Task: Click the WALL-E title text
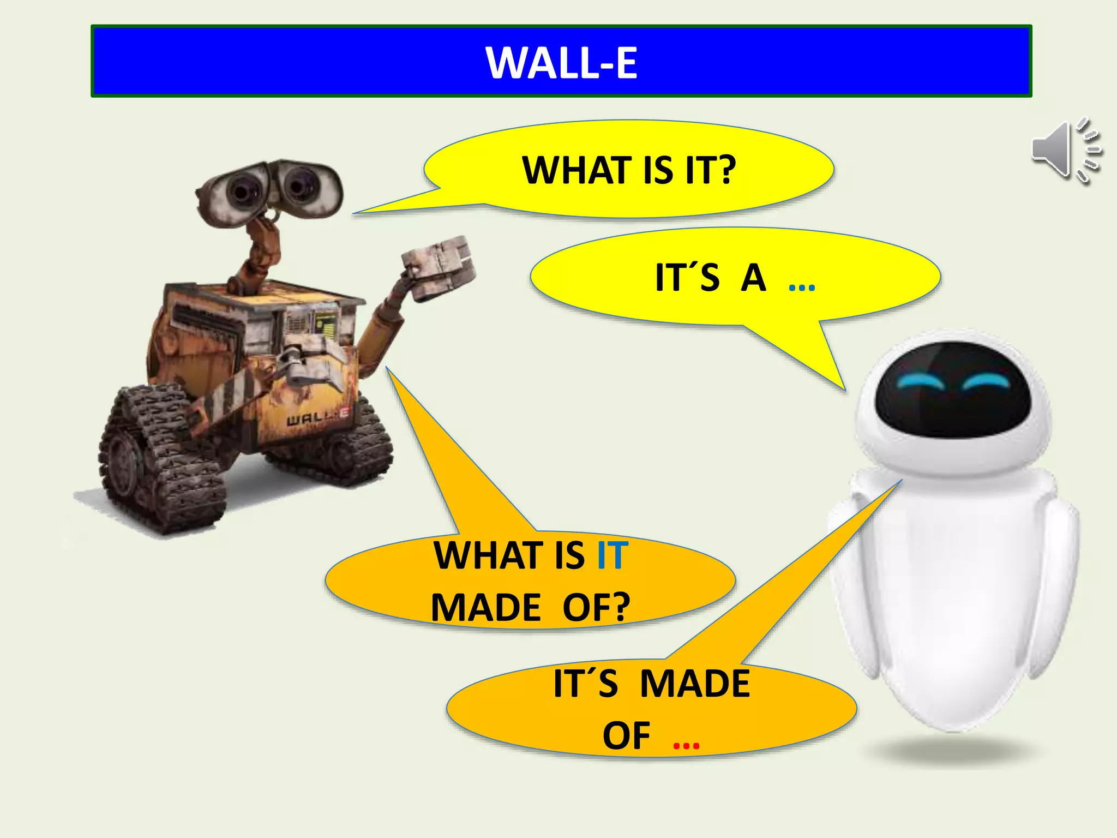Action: [561, 63]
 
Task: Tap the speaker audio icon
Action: [1066, 150]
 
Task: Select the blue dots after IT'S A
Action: [802, 286]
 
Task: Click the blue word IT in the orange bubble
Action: [612, 556]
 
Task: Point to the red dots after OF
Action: [686, 744]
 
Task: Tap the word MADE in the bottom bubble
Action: [695, 683]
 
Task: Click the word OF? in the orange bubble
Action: [596, 607]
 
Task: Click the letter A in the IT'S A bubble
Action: [753, 278]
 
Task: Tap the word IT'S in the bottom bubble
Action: [585, 684]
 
